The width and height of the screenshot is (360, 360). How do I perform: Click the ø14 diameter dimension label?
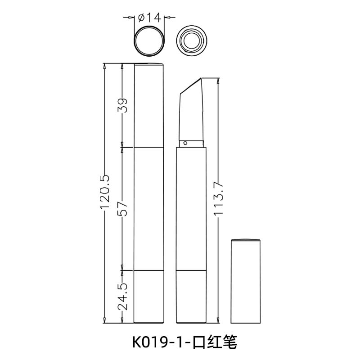click(148, 18)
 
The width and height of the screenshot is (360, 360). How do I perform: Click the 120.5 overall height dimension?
click(104, 193)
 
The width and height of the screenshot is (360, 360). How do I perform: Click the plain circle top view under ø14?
click(149, 40)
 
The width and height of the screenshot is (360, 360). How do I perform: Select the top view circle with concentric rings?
click(191, 40)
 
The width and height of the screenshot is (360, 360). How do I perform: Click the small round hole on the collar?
click(185, 144)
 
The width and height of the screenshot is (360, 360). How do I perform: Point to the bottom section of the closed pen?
click(149, 297)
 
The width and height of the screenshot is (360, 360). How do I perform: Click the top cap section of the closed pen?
click(149, 106)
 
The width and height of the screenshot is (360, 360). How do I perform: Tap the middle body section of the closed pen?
click(149, 209)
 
